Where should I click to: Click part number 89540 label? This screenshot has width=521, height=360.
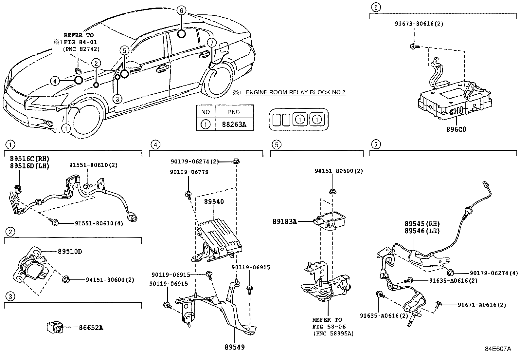(x=214, y=202)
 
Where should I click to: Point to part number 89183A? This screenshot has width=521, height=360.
(x=285, y=222)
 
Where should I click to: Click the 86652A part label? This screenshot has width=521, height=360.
(x=91, y=328)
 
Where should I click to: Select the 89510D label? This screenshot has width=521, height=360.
(x=70, y=252)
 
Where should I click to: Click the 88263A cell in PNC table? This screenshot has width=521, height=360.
(x=234, y=124)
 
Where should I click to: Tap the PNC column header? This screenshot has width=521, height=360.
(x=234, y=112)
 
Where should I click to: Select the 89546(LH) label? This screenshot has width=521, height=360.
(x=422, y=231)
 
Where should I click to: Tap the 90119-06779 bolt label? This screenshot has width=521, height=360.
(x=189, y=172)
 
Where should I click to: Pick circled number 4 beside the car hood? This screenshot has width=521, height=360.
(x=55, y=81)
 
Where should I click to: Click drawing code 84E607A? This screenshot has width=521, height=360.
(x=498, y=349)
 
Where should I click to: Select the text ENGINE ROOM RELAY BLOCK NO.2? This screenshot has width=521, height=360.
(x=296, y=92)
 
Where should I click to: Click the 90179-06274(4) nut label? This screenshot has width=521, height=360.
(x=494, y=273)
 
